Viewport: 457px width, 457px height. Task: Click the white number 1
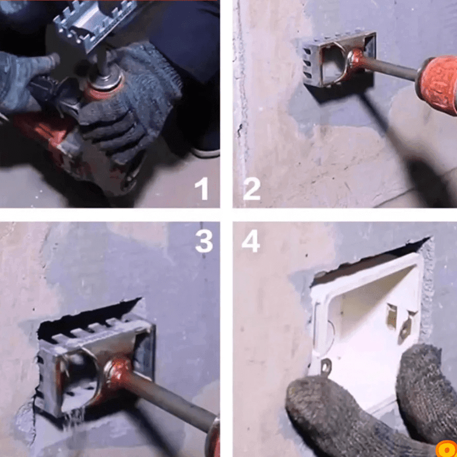202,189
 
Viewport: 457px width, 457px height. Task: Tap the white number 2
251,189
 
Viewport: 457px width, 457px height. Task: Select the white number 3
204,241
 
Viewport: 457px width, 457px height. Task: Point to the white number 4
251,240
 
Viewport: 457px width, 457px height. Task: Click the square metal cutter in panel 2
339,60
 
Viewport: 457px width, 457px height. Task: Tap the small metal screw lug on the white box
325,367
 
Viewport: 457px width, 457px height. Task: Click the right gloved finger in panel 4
426,391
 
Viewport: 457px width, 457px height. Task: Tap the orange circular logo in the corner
447,449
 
